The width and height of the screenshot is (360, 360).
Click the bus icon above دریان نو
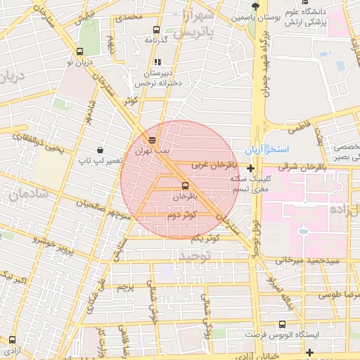(79, 51)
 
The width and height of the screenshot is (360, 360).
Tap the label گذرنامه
(155, 40)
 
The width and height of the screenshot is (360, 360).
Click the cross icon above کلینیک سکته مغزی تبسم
(250, 167)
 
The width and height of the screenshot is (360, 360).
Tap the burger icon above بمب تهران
(153, 139)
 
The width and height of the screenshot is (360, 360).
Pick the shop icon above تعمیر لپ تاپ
(101, 149)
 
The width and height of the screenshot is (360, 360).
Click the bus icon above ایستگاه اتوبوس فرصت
(283, 324)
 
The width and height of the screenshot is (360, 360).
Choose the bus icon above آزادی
(11, 339)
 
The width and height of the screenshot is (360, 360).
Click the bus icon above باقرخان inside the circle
(185, 186)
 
